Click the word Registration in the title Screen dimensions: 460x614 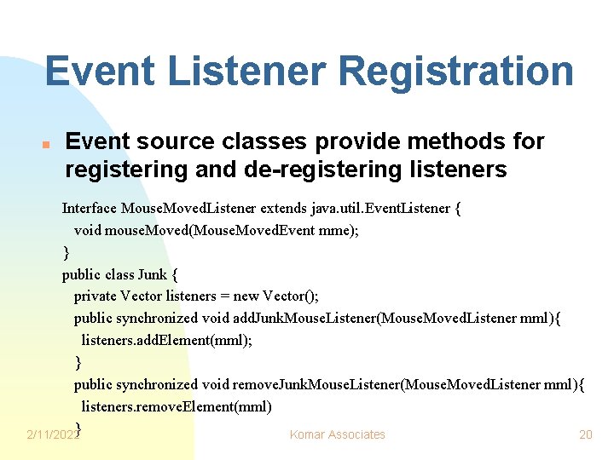[x=449, y=71]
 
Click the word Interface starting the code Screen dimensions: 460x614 [x=90, y=209]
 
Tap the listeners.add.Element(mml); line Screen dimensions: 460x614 [x=167, y=341]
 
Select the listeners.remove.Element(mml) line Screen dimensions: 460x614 [x=177, y=407]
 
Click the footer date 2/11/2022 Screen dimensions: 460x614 [x=52, y=435]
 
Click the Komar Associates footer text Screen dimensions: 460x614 [x=338, y=434]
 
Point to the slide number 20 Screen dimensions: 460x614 [x=585, y=434]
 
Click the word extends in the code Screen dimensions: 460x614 [x=285, y=209]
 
